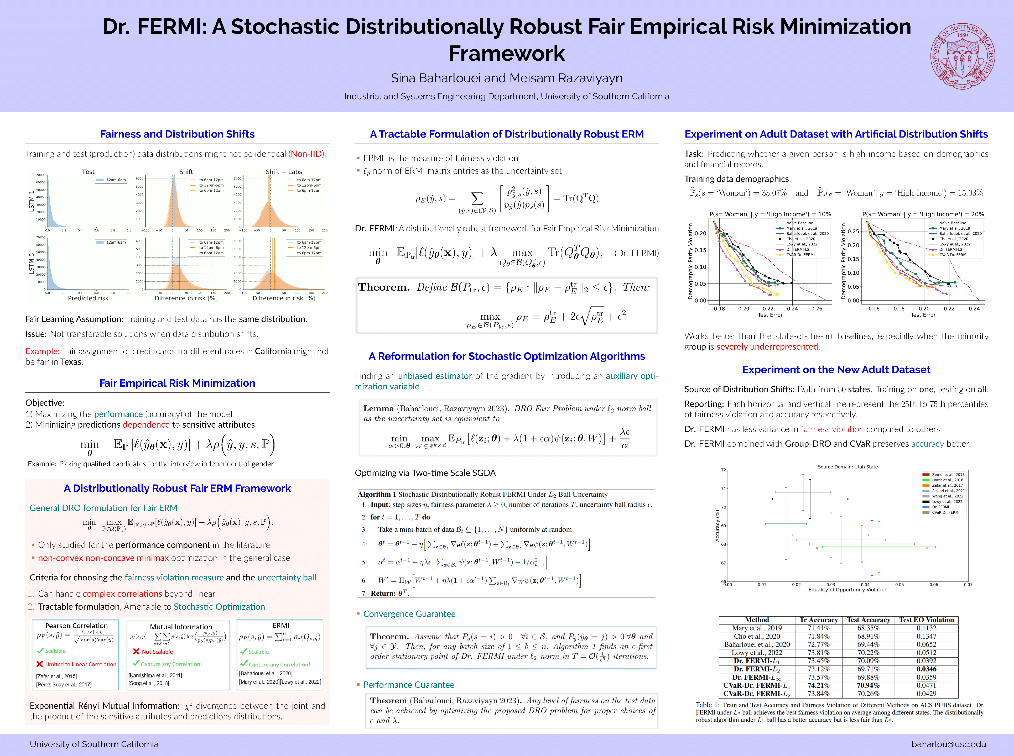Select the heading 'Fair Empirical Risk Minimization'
pos(177,383)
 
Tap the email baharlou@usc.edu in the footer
pos(949,744)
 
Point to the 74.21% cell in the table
pos(819,686)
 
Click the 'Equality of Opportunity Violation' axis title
pos(847,590)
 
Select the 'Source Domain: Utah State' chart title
pos(847,467)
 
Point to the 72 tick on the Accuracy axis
pos(723,470)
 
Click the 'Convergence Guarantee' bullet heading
pos(409,614)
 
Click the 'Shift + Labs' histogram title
pos(284,172)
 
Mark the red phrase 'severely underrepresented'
pos(767,347)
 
